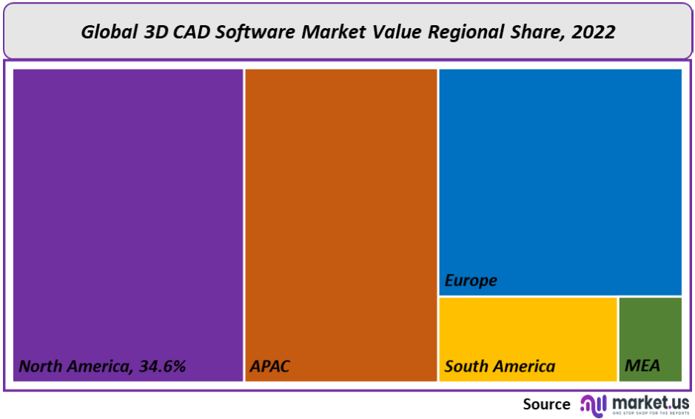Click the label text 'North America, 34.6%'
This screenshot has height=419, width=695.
click(102, 366)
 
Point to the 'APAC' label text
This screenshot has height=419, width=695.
click(269, 366)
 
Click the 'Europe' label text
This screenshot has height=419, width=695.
click(471, 281)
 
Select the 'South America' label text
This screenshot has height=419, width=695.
click(500, 366)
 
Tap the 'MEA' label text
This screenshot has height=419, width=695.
click(642, 366)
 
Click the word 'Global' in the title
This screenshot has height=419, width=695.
click(104, 32)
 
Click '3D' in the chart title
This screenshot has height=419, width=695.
click(148, 32)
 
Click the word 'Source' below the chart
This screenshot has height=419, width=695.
click(546, 404)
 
